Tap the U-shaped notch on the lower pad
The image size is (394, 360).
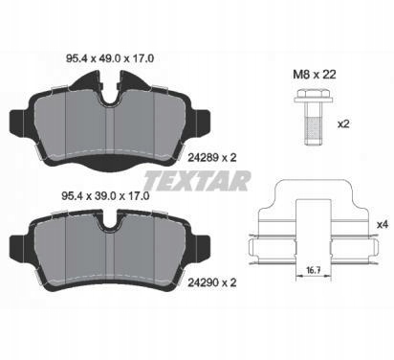tap(114, 226)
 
